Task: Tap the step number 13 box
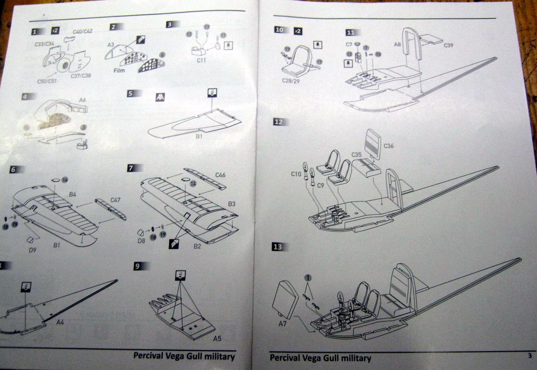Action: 280,248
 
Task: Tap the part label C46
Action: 220,175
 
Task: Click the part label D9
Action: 33,250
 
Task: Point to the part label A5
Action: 217,338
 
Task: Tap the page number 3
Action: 529,356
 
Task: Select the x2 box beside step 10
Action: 298,31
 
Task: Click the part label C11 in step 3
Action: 201,60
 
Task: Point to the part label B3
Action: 231,204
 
